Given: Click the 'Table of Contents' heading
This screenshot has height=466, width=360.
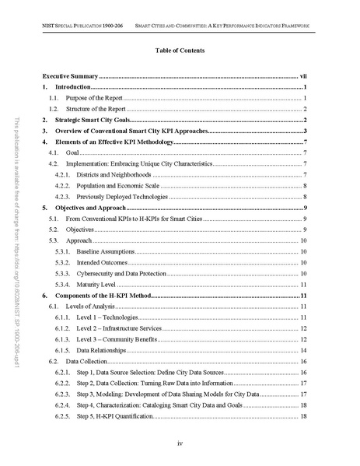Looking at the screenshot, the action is pos(179,51).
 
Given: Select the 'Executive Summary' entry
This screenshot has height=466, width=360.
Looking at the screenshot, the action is pos(69,78).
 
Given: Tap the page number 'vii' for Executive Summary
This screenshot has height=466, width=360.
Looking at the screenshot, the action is pos(304,78).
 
